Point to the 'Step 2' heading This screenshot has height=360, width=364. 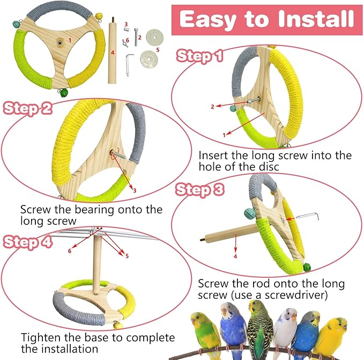pos(28,108)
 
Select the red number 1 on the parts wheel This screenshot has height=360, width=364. pos(69,40)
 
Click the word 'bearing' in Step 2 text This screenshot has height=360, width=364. pos(92,209)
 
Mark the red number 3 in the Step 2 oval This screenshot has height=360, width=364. pos(135,190)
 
